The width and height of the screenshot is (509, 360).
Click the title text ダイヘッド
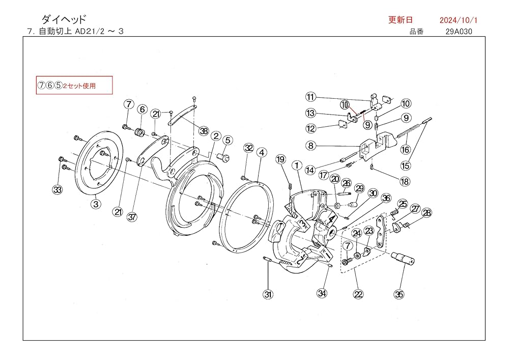coord(63,19)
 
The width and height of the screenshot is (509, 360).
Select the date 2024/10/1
coord(458,20)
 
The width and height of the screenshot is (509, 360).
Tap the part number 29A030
coord(460,32)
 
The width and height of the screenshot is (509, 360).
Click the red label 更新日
coord(401,20)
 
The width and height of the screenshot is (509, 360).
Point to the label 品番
coord(416,32)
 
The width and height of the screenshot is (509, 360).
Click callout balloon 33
coord(58,190)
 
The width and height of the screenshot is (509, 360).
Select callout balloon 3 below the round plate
coord(95,204)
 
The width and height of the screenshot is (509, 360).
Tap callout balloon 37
coord(132,216)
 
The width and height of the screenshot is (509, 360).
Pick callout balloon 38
coord(204,131)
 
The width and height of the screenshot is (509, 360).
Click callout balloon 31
coord(268,294)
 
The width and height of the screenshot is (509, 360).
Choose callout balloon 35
coord(399,294)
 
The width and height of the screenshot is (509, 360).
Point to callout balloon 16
coord(405,150)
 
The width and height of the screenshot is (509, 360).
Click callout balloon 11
coord(311,96)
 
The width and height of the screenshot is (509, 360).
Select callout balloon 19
coord(280,159)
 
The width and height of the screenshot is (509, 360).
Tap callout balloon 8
coord(310,145)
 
